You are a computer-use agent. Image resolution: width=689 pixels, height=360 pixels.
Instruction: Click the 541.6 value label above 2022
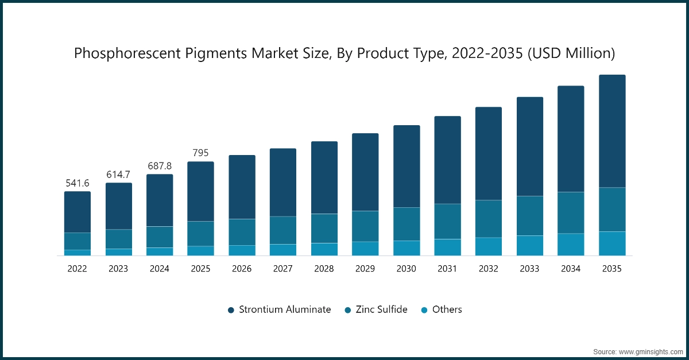[x=78, y=183]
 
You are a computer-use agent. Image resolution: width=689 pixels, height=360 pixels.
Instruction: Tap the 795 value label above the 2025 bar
[x=200, y=153]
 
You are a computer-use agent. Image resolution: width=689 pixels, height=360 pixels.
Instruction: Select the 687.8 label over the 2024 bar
[x=160, y=166]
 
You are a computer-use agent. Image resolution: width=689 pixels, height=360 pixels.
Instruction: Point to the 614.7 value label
[x=118, y=175]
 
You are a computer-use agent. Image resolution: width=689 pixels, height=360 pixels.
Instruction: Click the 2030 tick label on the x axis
[x=406, y=268]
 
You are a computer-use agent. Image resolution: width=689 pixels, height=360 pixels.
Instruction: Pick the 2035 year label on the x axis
[x=612, y=268]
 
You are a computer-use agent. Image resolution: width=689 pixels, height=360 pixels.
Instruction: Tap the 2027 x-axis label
[x=283, y=268]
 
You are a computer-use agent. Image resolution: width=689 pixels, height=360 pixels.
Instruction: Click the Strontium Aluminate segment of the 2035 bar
[x=612, y=131]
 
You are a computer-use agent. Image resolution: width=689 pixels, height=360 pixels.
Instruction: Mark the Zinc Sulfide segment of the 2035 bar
[x=612, y=210]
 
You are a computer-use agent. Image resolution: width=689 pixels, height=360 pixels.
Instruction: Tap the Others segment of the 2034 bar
[x=571, y=244]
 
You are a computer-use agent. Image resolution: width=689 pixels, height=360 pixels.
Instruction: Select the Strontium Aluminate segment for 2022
[x=78, y=212]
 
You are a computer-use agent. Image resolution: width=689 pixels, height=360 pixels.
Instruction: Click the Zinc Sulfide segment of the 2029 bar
[x=365, y=226]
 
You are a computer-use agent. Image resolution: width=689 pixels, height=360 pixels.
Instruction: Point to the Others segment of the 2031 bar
[x=447, y=247]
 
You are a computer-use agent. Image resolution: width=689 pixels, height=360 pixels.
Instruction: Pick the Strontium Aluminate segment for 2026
[x=242, y=187]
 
